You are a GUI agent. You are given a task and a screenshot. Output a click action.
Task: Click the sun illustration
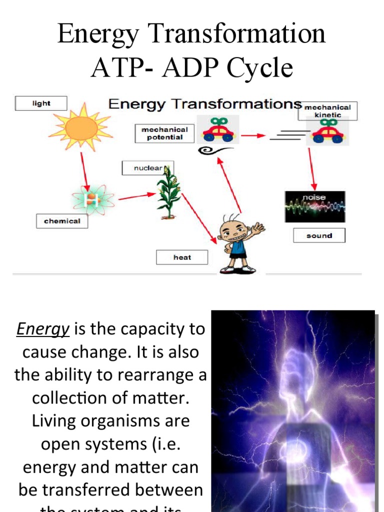pyautogui.click(x=81, y=127)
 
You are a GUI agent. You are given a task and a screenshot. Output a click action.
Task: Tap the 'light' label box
pyautogui.click(x=41, y=103)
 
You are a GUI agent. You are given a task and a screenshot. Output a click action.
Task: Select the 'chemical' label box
pyautogui.click(x=62, y=221)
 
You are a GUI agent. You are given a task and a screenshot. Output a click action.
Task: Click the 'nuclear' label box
pyautogui.click(x=147, y=168)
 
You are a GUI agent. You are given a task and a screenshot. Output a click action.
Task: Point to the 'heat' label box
pyautogui.click(x=182, y=257)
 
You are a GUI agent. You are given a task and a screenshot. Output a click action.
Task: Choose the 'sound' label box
pyautogui.click(x=319, y=235)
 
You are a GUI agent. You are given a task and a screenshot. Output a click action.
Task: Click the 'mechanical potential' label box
pyautogui.click(x=164, y=133)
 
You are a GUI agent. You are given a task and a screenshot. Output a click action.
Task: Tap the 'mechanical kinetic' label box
pyautogui.click(x=328, y=111)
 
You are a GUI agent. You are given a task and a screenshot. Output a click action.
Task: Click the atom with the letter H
pyautogui.click(x=92, y=200)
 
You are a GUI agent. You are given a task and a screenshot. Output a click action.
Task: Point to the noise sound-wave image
pyautogui.click(x=315, y=205)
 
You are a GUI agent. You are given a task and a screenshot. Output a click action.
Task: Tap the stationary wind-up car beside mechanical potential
pyautogui.click(x=218, y=131)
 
